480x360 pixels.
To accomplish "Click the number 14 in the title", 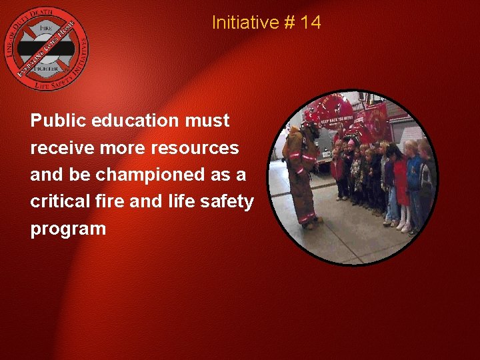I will (x=311, y=23).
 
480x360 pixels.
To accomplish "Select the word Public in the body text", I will (x=55, y=121).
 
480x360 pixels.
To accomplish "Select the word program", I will (x=68, y=229).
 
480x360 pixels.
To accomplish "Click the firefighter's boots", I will (x=309, y=222).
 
